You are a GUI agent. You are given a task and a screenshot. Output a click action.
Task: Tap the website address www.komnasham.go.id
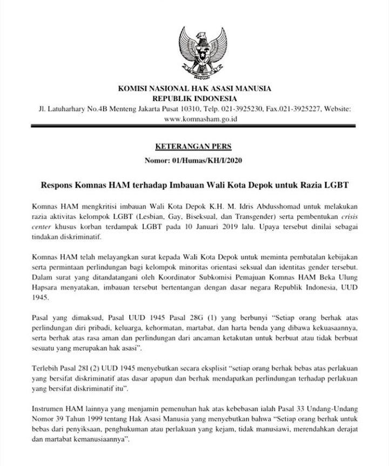[x=194, y=118]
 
